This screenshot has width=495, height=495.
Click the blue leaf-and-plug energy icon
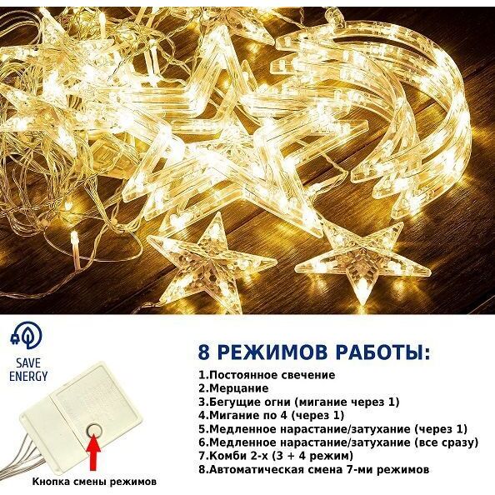(x=26, y=336)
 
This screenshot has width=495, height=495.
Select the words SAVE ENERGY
(x=28, y=370)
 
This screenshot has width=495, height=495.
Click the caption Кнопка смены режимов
(x=94, y=482)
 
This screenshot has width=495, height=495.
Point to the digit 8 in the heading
(x=204, y=352)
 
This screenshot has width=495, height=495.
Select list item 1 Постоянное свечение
(x=267, y=375)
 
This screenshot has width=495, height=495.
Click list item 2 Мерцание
(x=233, y=388)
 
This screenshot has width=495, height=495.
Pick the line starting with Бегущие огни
(x=299, y=402)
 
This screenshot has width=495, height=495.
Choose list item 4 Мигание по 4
(x=271, y=415)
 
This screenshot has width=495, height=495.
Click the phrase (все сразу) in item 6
(x=445, y=442)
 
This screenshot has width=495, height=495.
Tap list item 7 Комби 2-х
(x=276, y=456)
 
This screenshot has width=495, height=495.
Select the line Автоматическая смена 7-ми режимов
(x=314, y=469)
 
